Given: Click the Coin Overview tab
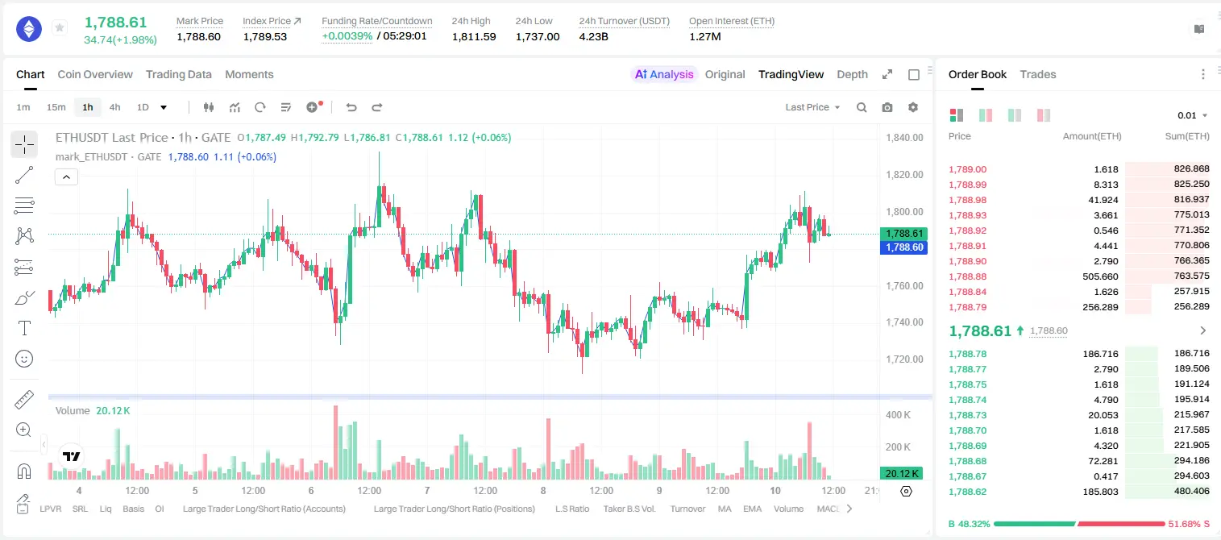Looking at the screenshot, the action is [95, 74].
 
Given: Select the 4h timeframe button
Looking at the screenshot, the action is [114, 107].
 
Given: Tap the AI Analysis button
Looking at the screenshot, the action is [664, 74].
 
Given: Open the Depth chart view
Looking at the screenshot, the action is [852, 74].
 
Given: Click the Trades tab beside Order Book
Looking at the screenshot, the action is [1038, 74].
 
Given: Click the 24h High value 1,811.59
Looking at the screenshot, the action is [474, 36].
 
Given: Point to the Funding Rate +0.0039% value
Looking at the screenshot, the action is [347, 36].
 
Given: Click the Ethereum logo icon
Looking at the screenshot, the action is [29, 29].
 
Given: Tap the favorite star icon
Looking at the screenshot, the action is [60, 27].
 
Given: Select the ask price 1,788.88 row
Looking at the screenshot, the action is [968, 276].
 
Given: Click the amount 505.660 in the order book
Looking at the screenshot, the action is [1100, 276].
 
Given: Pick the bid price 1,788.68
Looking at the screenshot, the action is [968, 460].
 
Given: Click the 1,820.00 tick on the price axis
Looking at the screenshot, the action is [904, 174].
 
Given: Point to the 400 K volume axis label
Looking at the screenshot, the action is [898, 415].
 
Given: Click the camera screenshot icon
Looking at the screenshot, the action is [887, 107].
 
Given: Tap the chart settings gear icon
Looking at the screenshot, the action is [913, 107].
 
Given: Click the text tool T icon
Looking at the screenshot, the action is [24, 328].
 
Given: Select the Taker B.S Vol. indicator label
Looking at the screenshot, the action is [629, 509].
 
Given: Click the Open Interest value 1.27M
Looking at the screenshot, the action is [705, 36].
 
